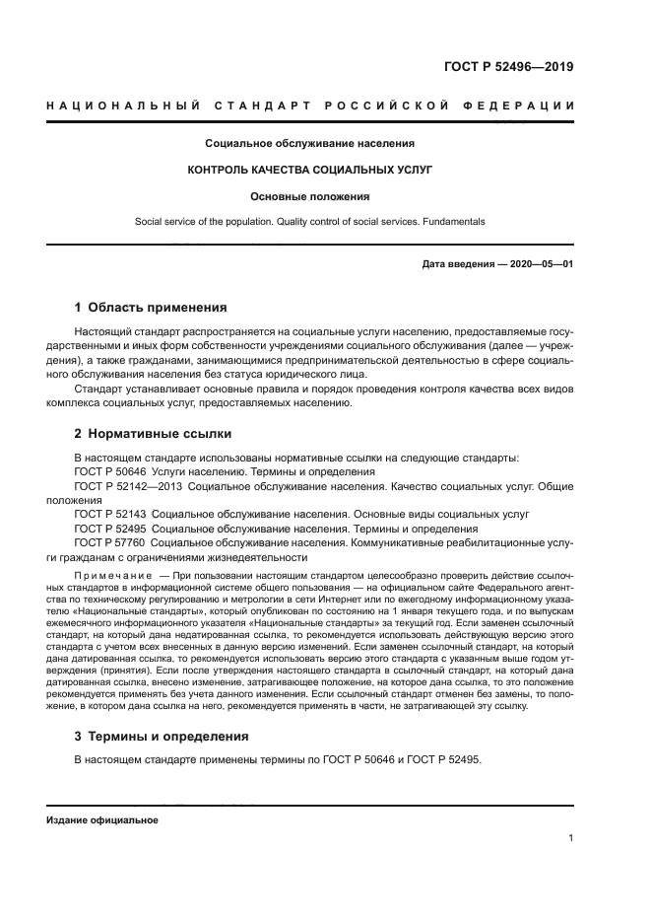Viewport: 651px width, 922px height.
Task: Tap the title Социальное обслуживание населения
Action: point(310,143)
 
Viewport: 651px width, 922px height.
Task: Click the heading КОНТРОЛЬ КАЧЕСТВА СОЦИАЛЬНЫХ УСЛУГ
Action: point(310,170)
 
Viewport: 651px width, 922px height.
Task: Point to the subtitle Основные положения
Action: point(310,196)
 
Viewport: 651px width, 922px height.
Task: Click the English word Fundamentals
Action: point(453,222)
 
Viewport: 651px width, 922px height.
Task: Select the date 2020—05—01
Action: point(540,264)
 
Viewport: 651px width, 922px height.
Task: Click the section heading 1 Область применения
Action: point(151,307)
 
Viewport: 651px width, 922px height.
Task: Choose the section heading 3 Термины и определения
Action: point(162,736)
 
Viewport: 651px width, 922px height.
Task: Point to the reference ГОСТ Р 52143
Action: point(110,515)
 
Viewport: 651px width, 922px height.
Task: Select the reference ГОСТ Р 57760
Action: point(110,542)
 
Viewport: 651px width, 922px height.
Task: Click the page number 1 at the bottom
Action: point(571,838)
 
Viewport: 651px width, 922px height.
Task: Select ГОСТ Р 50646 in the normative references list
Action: point(110,471)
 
